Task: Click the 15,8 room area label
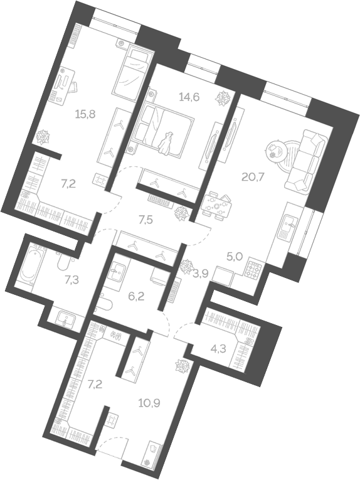tap(85, 114)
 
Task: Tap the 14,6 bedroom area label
tap(189, 97)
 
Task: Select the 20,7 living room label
tap(253, 177)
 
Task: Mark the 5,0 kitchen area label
tap(235, 256)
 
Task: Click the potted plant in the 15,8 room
tap(44, 136)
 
